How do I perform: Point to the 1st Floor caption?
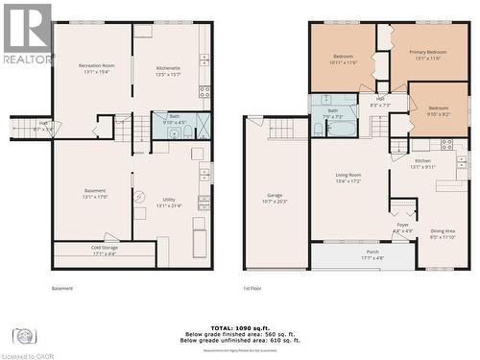[253, 288]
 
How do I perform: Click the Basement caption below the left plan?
[60, 288]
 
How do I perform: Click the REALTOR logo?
[26, 34]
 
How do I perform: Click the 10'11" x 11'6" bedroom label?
[343, 60]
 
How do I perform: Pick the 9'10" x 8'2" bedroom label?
[438, 111]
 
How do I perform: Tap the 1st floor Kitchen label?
[422, 164]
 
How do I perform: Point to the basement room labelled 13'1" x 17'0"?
[95, 193]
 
